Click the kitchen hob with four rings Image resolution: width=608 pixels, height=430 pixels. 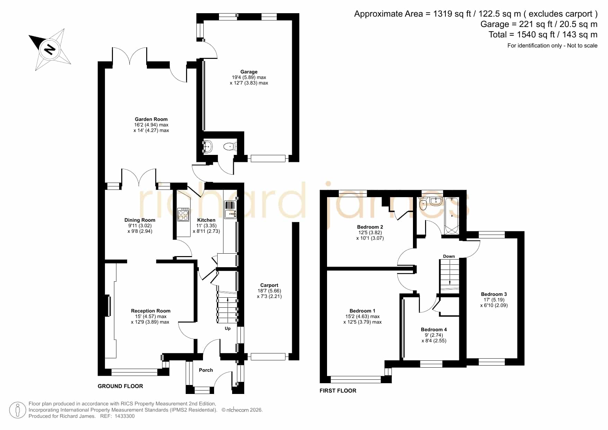(183, 214)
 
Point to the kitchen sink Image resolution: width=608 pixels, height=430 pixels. (230, 210)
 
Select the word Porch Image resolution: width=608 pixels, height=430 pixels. (206, 370)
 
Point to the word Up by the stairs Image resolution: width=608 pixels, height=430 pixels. (228, 328)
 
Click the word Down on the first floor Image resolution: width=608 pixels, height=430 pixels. (449, 256)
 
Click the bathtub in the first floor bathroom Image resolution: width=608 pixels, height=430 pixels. (452, 216)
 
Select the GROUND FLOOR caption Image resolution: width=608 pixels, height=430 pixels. (120, 386)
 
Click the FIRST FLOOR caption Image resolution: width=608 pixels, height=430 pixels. (338, 390)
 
